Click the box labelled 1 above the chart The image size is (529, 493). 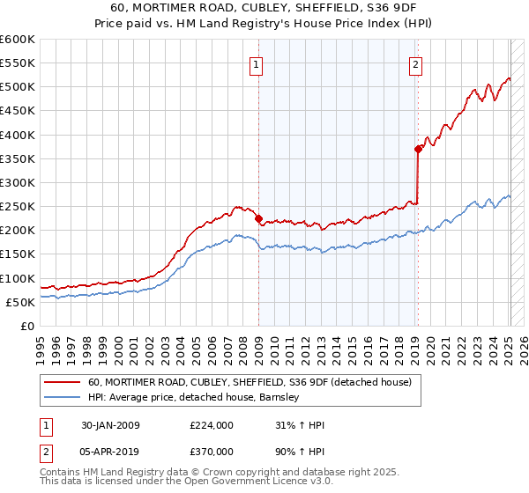[256, 63]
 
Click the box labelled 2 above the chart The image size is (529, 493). [415, 63]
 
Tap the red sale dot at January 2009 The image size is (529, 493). [258, 219]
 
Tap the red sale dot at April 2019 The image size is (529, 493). [418, 150]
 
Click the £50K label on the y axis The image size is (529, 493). [21, 302]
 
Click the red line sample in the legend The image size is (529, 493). [62, 383]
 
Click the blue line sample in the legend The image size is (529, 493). [62, 398]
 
